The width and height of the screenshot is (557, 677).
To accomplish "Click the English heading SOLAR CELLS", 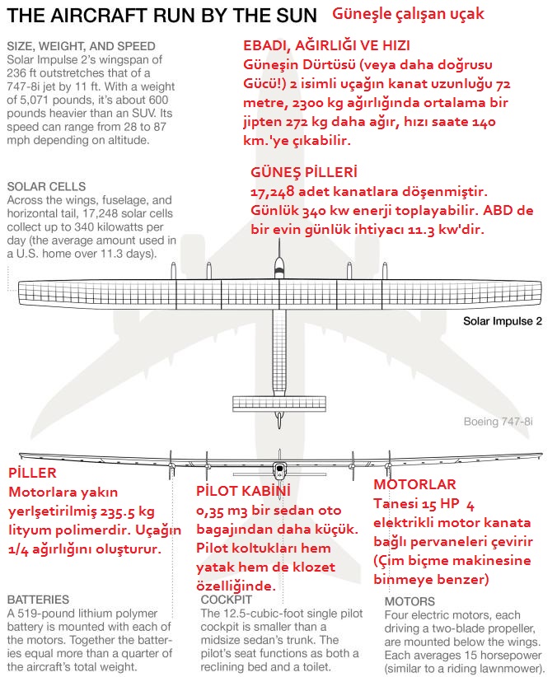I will [x=45, y=187].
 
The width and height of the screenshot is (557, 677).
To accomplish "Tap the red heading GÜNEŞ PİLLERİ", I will [x=303, y=172].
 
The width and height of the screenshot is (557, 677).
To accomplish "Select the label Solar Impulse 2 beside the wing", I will [x=502, y=321].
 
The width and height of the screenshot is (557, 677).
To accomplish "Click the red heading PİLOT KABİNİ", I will [x=243, y=492].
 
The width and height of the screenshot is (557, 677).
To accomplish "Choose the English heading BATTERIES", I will [x=38, y=600].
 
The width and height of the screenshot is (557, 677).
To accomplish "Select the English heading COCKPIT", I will [x=227, y=600].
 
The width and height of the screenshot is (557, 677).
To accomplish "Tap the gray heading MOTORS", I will [x=410, y=601].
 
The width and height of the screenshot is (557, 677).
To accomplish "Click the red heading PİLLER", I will [x=32, y=474].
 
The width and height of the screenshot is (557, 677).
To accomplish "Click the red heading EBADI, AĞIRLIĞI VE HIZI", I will [x=326, y=45].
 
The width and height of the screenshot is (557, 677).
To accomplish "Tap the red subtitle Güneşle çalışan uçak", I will [x=408, y=14].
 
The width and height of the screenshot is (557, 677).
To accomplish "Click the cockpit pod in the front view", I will [x=279, y=472].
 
